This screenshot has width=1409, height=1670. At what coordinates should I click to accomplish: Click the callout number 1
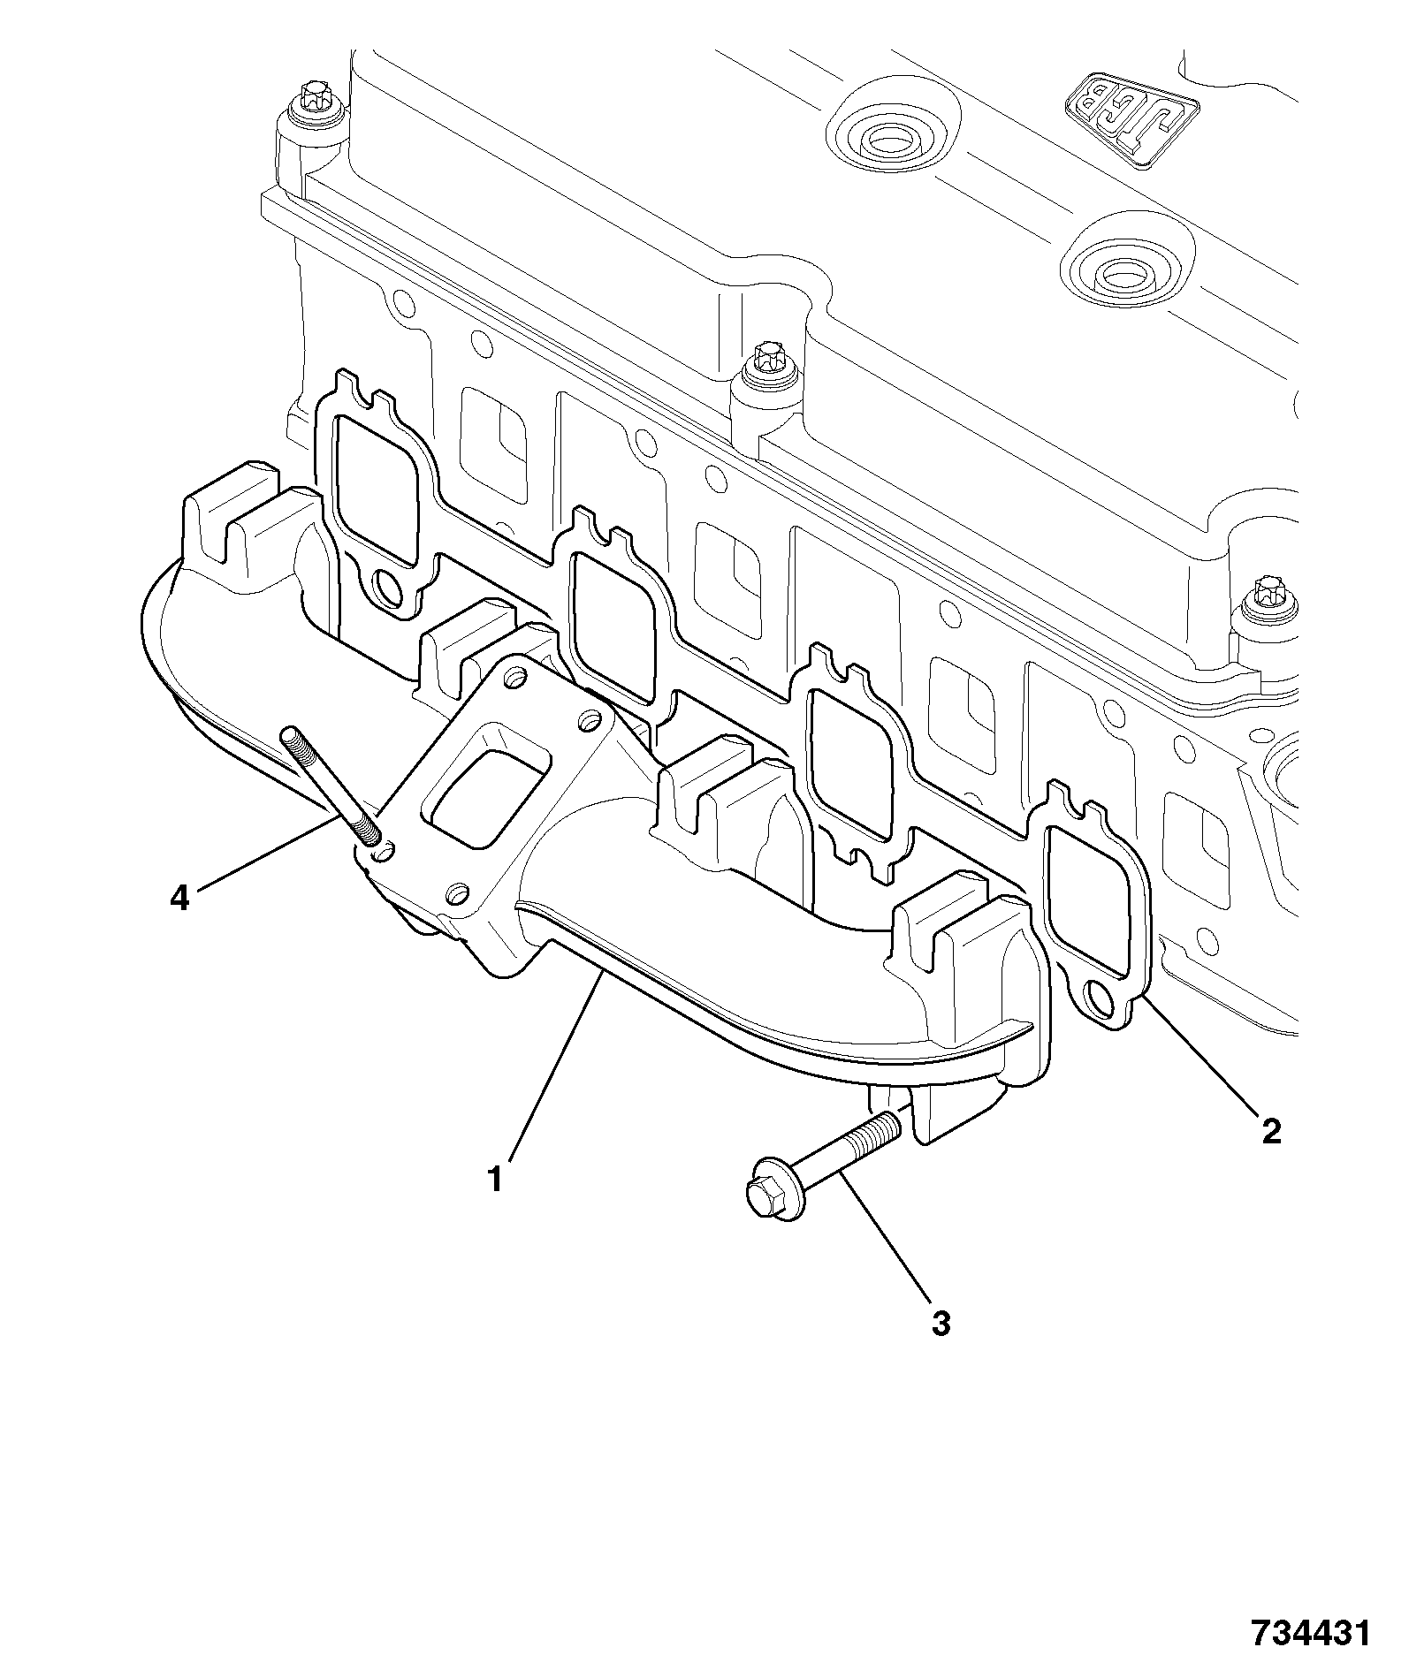(497, 1178)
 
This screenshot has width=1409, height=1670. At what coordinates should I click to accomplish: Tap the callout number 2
(1271, 1130)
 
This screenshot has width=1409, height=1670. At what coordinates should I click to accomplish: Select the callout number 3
(941, 1347)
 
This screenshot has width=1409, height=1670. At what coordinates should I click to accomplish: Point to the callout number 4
(179, 899)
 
